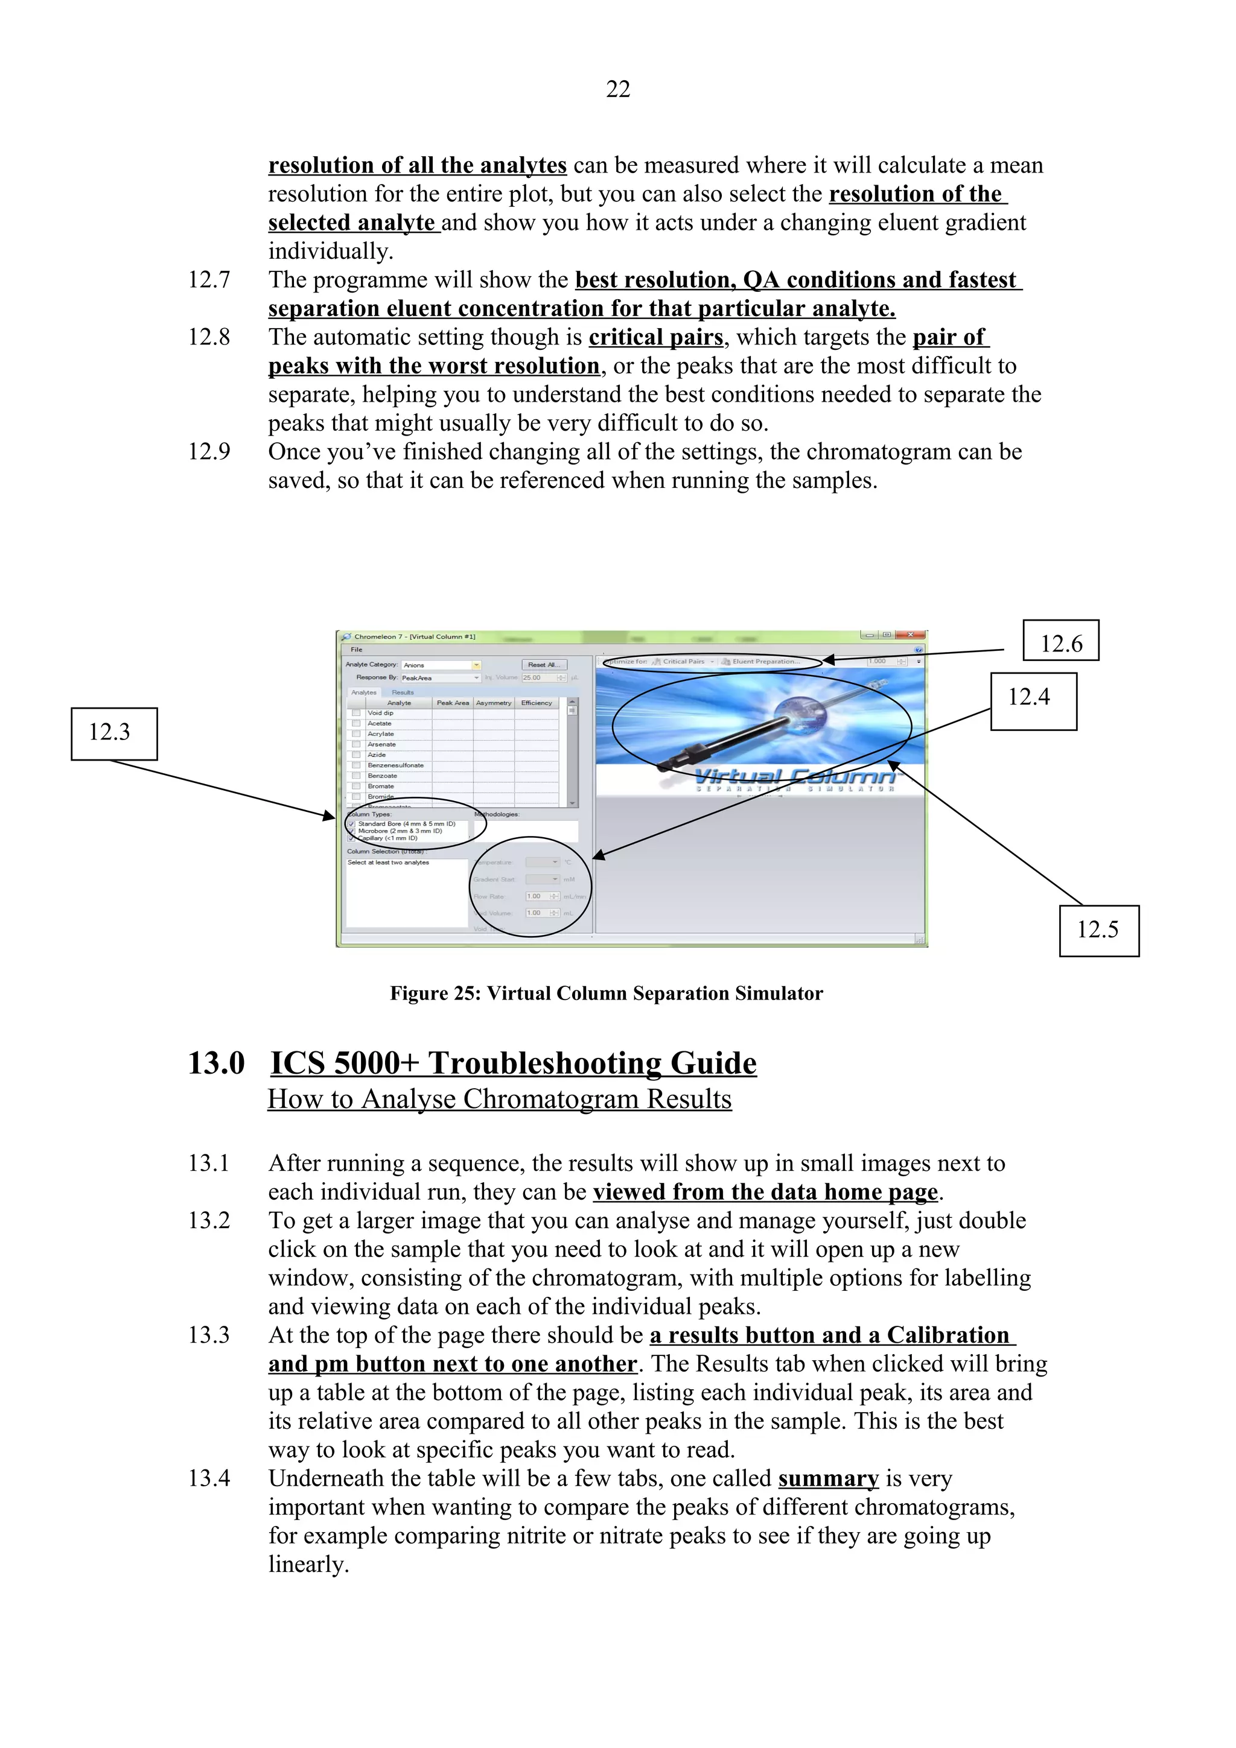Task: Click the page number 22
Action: tap(617, 89)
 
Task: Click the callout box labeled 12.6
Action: tap(1060, 641)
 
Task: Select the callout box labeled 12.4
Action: tap(1033, 700)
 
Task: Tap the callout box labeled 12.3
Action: tap(114, 733)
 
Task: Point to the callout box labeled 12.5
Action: tap(1098, 929)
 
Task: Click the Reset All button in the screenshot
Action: tap(544, 665)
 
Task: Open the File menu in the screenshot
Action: tap(357, 650)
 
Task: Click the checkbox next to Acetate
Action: tap(355, 724)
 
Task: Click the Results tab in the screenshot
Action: tap(403, 692)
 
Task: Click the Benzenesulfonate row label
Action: tap(395, 765)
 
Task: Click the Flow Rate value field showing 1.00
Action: tap(538, 896)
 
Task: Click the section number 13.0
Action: tap(216, 1063)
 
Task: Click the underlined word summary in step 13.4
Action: tap(828, 1478)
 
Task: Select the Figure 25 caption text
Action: tap(606, 993)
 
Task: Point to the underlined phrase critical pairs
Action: tap(655, 337)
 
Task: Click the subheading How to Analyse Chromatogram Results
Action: tap(500, 1100)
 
